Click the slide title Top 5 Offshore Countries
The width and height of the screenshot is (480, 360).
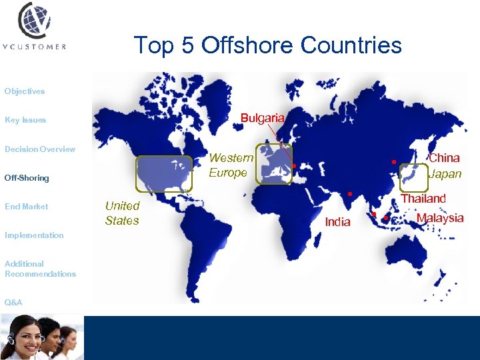pyautogui.click(x=268, y=45)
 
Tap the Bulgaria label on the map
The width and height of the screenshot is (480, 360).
pyautogui.click(x=263, y=118)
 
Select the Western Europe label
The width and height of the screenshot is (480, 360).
pyautogui.click(x=231, y=165)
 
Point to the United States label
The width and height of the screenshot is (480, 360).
pyautogui.click(x=122, y=213)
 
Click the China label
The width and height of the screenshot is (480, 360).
pyautogui.click(x=444, y=158)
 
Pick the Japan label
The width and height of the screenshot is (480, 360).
pyautogui.click(x=445, y=174)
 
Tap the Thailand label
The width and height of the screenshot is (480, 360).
pyautogui.click(x=423, y=199)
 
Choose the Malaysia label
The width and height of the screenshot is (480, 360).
pyautogui.click(x=440, y=218)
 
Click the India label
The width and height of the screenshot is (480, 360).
pyautogui.click(x=337, y=222)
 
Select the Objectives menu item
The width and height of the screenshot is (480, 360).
pyautogui.click(x=25, y=91)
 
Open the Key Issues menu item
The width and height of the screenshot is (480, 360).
pyautogui.click(x=25, y=120)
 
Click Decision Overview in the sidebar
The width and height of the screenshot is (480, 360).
pyautogui.click(x=40, y=149)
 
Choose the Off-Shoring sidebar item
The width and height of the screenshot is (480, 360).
pyautogui.click(x=27, y=178)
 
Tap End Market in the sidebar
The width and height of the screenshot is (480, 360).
pyautogui.click(x=27, y=207)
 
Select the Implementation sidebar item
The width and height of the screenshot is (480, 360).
pyautogui.click(x=34, y=235)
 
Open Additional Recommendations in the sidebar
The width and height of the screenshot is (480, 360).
pyautogui.click(x=40, y=269)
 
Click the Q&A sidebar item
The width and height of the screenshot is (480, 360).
pyautogui.click(x=13, y=303)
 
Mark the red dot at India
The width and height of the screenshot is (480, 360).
pyautogui.click(x=349, y=194)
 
